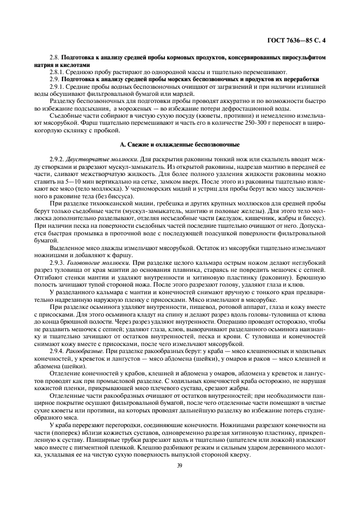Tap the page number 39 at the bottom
pos(180,465)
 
